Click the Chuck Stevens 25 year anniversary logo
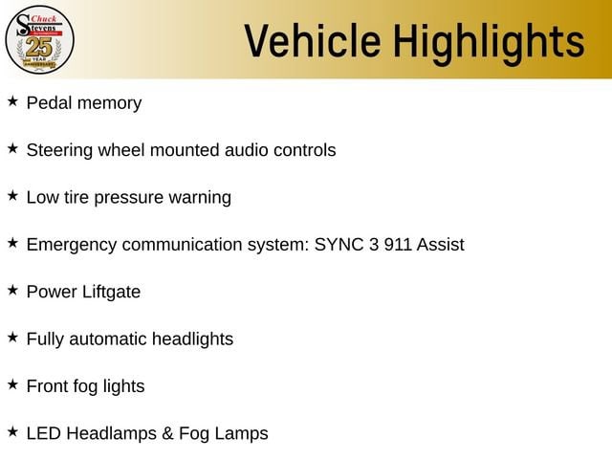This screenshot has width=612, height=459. tap(39, 39)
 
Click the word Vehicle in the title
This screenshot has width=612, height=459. tap(313, 40)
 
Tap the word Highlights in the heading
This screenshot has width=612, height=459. tap(489, 44)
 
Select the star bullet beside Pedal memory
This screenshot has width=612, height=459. tap(12, 101)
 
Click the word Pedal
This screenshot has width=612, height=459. tap(49, 103)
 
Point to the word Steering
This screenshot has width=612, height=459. tap(59, 151)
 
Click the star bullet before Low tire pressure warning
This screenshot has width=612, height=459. tap(12, 195)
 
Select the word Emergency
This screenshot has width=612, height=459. tap(72, 246)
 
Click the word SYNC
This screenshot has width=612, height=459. tap(339, 245)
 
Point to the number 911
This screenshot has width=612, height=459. tap(398, 245)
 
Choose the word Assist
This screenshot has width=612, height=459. tap(440, 245)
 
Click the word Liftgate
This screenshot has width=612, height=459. tap(112, 293)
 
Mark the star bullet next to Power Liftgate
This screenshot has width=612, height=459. tap(12, 290)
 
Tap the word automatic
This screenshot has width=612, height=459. tap(108, 339)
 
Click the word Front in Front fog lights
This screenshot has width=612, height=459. tap(47, 386)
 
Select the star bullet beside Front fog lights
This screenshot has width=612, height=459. tap(12, 384)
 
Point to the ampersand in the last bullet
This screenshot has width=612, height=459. tap(167, 433)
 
